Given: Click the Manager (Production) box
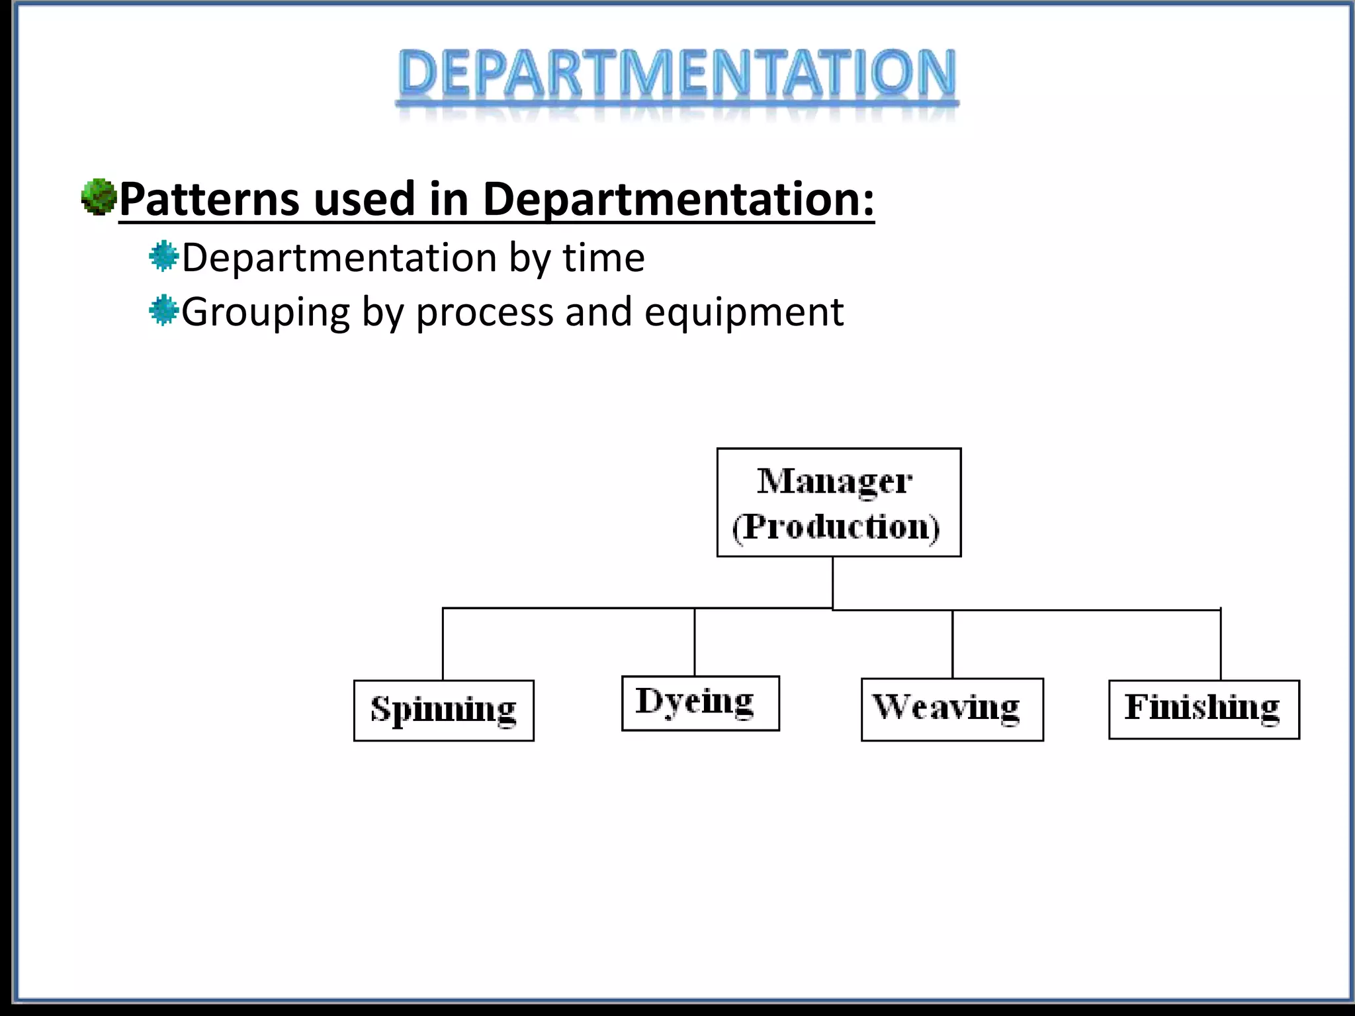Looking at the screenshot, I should click(838, 502).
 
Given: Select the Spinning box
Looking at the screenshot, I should click(443, 710).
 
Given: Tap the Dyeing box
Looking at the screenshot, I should click(700, 702).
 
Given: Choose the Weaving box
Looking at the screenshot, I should click(951, 708).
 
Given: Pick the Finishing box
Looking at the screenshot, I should click(1203, 708).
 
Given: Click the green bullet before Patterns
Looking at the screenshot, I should click(98, 196).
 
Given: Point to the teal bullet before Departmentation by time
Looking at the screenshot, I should click(163, 257).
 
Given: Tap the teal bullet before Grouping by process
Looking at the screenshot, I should click(163, 311).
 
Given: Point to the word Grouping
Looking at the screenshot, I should click(265, 313).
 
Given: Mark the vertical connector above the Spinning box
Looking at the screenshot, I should click(443, 644).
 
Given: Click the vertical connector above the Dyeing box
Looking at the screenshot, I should click(694, 642).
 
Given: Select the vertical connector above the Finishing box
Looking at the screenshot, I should click(1220, 644).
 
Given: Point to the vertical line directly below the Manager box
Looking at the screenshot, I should click(832, 582).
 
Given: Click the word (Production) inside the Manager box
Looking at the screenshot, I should click(836, 527).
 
